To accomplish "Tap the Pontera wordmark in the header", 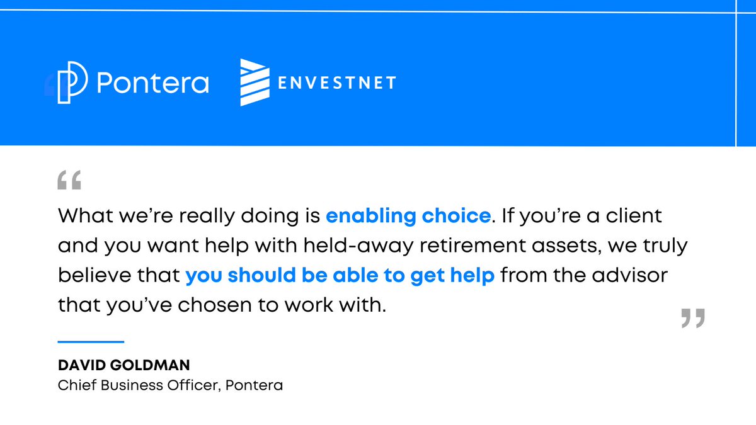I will pyautogui.click(x=152, y=83).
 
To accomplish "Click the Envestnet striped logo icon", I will pyautogui.click(x=255, y=82).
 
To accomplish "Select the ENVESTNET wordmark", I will pyautogui.click(x=337, y=82).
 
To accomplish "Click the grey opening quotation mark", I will pyautogui.click(x=69, y=180).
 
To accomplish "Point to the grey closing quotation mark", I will pyautogui.click(x=693, y=319).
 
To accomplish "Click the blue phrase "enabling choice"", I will pyautogui.click(x=408, y=216).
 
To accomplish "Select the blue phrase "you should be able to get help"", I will pyautogui.click(x=340, y=276).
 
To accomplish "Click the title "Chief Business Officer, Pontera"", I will pyautogui.click(x=170, y=385).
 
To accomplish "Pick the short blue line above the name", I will pyautogui.click(x=91, y=342).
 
